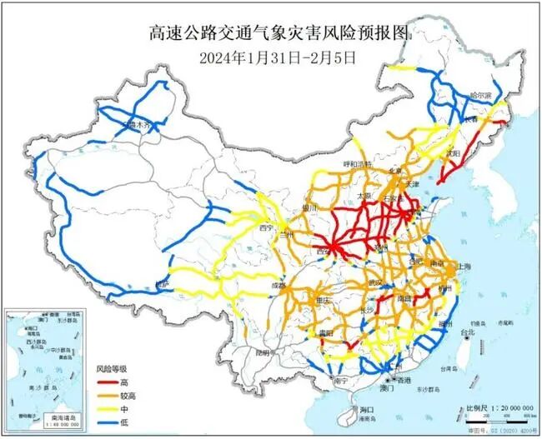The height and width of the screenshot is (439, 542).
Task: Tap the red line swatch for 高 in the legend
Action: pos(102,379)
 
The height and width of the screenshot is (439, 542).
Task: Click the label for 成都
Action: pos(279,286)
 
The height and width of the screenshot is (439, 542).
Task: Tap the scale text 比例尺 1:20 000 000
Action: pos(495,409)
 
